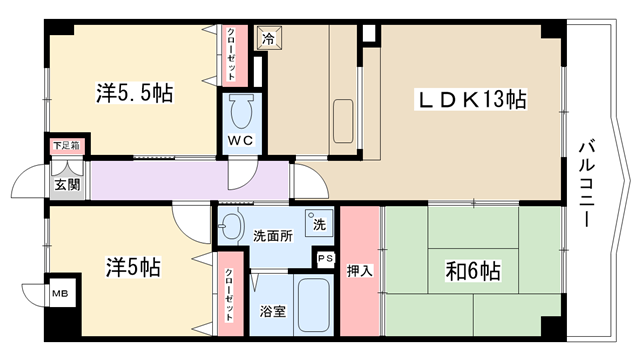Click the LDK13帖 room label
pos(471,99)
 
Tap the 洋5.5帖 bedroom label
pos(135,92)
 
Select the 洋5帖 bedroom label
pos(133,267)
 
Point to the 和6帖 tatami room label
pos(473,271)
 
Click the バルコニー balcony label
pos(587,183)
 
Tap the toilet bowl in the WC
pos(242,111)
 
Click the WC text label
pos(241,140)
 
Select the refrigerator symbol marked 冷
pos(269,38)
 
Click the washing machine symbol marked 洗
pos(319,223)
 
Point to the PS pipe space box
pos(326,258)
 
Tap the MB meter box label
pos(60,293)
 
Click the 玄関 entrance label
pos(67,185)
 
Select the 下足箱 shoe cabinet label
pos(67,145)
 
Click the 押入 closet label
pos(360,271)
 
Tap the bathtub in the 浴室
pos(313,305)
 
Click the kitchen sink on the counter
pos(343,121)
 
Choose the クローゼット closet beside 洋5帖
pos(230,294)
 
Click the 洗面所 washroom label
pos(273,236)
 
